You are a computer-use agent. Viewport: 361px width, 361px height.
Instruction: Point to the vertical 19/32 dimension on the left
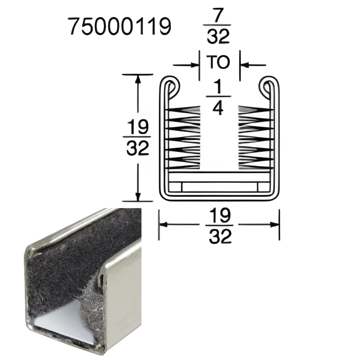[138, 138]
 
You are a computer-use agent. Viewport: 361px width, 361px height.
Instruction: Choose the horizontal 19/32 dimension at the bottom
[220, 225]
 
